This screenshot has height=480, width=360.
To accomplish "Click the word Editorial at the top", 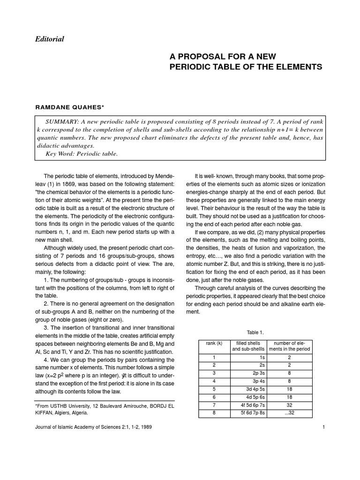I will click(49, 39).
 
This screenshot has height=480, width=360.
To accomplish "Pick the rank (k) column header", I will click(214, 343).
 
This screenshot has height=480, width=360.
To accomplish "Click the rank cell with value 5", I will click(214, 389).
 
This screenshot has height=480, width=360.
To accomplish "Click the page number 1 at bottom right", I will click(323, 427).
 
